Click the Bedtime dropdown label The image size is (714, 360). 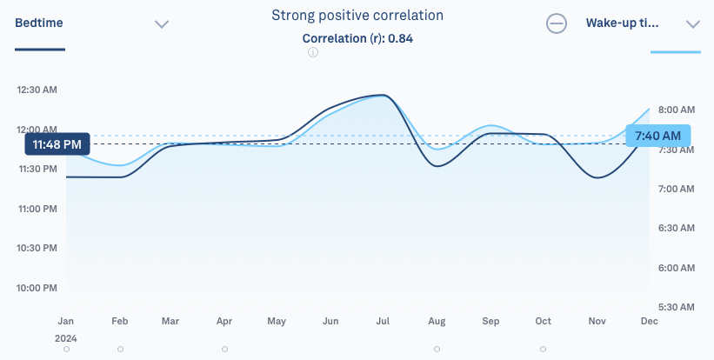(x=39, y=23)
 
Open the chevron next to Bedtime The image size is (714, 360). (x=162, y=24)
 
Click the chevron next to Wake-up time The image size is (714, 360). (x=693, y=24)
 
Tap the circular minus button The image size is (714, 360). (x=557, y=23)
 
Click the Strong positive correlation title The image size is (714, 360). (x=357, y=16)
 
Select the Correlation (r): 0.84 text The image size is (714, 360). (x=357, y=38)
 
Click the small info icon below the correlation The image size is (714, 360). (x=313, y=52)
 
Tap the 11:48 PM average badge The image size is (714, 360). (x=57, y=144)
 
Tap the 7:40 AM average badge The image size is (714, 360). (x=658, y=136)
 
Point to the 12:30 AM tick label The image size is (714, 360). (x=37, y=90)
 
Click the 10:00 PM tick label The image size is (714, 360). (x=37, y=288)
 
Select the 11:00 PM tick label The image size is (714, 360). (x=37, y=209)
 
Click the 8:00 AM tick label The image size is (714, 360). (x=677, y=110)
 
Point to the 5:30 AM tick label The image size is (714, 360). (x=677, y=307)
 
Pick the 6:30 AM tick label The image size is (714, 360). (x=677, y=228)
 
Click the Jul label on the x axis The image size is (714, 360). (x=383, y=322)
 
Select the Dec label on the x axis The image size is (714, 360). (x=650, y=322)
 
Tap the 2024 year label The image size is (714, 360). (x=66, y=338)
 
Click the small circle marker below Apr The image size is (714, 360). (x=224, y=349)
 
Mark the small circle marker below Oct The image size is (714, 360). (x=543, y=349)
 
